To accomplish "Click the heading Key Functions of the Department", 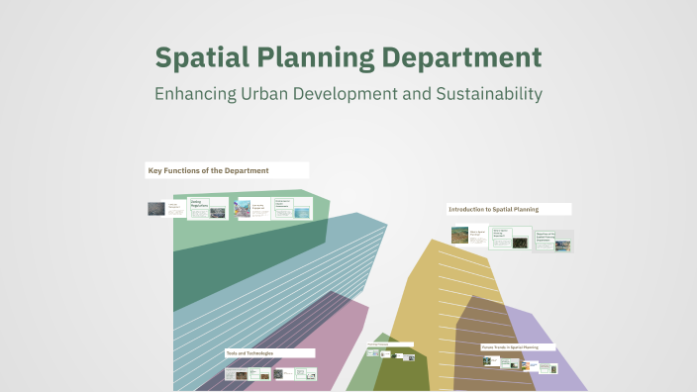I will tap(209, 171).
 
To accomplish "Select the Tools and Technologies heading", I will tap(249, 353).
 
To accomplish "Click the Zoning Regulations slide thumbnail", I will tap(208, 208).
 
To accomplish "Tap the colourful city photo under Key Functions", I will tap(243, 208).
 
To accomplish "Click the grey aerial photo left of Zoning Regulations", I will tap(156, 209).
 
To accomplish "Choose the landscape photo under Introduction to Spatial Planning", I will tap(459, 236).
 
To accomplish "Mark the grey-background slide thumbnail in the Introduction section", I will tap(553, 241).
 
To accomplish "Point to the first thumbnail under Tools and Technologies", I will tap(236, 373).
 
